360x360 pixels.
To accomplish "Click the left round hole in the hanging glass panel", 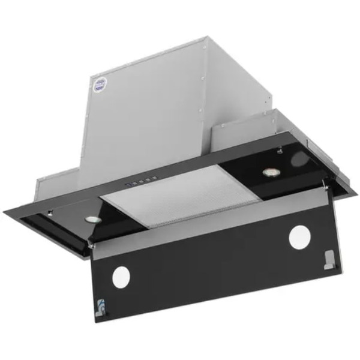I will point(121,276).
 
